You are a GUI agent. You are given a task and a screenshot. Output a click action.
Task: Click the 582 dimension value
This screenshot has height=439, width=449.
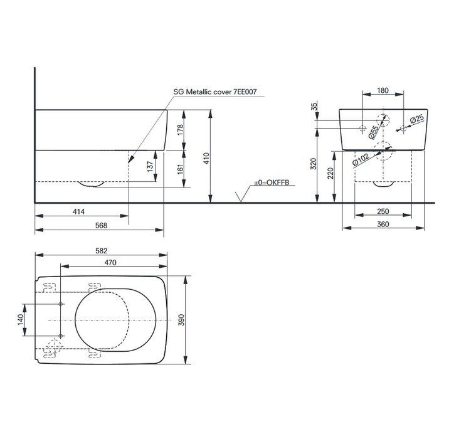(102, 251)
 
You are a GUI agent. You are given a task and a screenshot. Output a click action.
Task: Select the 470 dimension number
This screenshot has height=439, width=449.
(110, 262)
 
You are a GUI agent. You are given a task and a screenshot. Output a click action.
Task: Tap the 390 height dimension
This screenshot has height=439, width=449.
(182, 320)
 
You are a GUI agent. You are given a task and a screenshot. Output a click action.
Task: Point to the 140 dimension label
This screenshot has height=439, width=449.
(21, 320)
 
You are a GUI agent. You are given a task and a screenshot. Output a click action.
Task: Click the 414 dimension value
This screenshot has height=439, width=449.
(79, 211)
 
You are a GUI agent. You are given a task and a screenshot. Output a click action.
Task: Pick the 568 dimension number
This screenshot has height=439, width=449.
(101, 225)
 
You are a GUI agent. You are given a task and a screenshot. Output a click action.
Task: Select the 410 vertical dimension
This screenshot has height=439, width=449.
(206, 158)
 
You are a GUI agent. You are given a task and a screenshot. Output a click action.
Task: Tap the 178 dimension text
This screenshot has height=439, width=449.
(180, 130)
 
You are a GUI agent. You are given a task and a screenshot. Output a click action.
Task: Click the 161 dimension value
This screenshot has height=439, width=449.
(180, 169)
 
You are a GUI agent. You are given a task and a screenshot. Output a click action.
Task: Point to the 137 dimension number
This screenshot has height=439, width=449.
(150, 166)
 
